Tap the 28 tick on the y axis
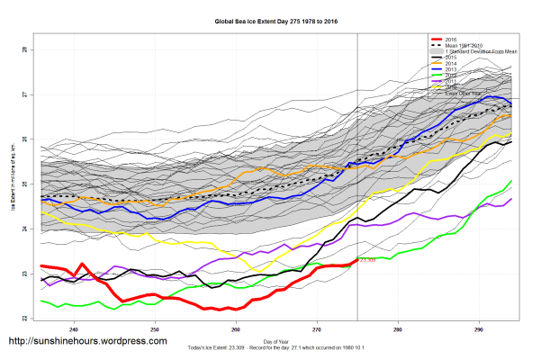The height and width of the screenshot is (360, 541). pyautogui.click(x=24, y=50)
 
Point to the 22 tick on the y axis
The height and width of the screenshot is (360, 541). pyautogui.click(x=24, y=318)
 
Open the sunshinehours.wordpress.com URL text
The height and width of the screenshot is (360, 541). pyautogui.click(x=87, y=342)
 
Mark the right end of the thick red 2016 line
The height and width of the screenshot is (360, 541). pyautogui.click(x=356, y=260)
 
